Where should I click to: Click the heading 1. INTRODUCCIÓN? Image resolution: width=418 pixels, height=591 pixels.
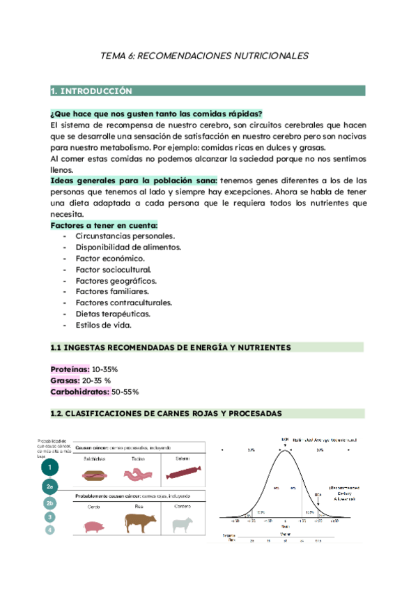point(91,91)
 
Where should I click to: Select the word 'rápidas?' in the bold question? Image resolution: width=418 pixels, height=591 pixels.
point(243,114)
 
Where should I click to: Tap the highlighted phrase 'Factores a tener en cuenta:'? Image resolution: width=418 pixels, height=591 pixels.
point(104,225)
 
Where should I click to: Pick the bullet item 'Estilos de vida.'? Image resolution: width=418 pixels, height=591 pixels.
point(103,325)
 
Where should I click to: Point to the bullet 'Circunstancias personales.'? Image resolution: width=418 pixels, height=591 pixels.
point(125,236)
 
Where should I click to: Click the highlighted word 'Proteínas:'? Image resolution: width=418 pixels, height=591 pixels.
point(70,369)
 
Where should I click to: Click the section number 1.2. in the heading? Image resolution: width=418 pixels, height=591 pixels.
point(61,414)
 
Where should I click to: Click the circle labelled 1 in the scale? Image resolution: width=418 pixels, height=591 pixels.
point(49,467)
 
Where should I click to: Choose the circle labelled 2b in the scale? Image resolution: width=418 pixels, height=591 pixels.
point(49,502)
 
